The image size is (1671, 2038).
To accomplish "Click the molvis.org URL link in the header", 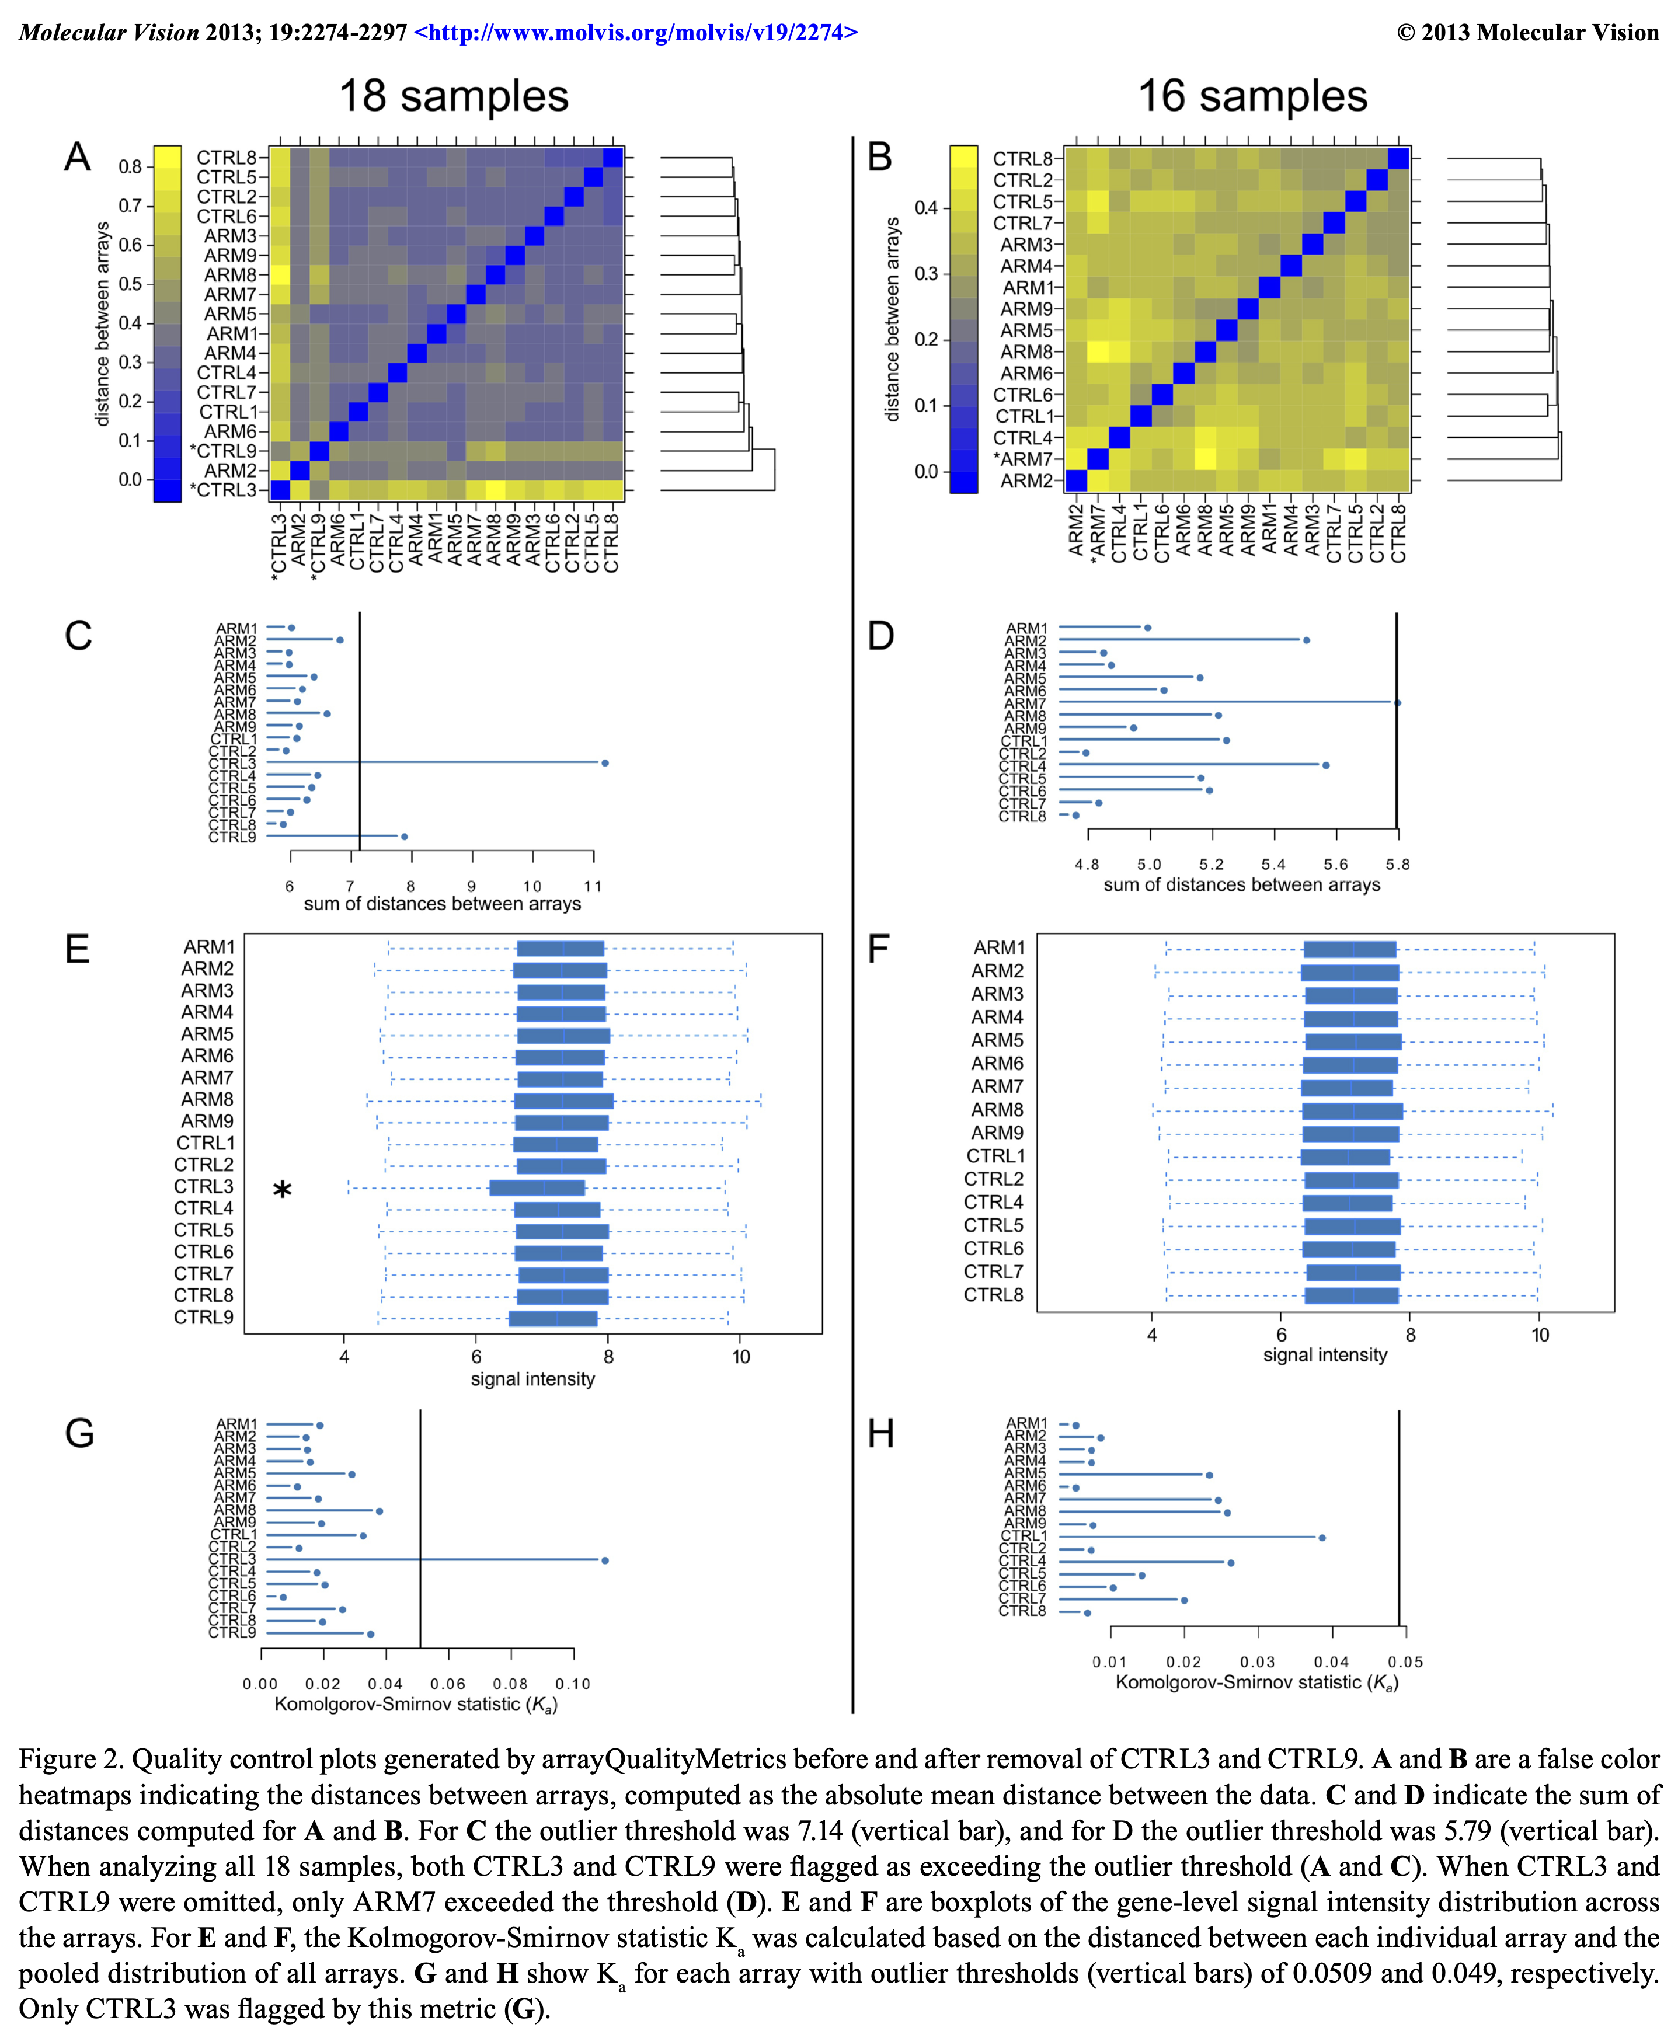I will [x=635, y=33].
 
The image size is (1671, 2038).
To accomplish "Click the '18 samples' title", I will [x=453, y=96].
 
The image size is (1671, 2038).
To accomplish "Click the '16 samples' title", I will [x=1252, y=96].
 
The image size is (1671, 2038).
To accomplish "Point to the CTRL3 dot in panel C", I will [x=604, y=763].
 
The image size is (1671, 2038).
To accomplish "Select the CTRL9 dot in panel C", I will [x=404, y=837].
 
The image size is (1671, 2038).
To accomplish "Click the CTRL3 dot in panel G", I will [x=604, y=1560].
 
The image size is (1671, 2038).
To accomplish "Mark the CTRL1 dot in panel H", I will [x=1322, y=1538].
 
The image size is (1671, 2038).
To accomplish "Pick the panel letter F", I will [x=878, y=950].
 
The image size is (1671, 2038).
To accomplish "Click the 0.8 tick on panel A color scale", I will [x=130, y=166].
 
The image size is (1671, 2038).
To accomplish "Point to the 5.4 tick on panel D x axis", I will [x=1273, y=864].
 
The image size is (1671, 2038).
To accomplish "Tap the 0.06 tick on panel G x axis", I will [x=448, y=1684].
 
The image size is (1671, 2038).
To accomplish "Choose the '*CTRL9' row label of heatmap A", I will [x=224, y=450].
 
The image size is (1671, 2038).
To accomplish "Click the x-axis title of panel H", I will [x=1256, y=1683].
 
